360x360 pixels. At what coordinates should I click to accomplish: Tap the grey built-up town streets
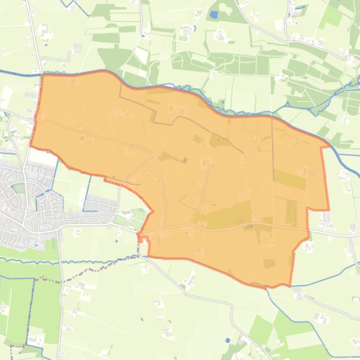pos(28,206)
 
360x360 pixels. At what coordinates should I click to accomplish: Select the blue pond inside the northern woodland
pos(214,14)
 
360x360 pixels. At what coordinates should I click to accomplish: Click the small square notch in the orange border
pos(144,240)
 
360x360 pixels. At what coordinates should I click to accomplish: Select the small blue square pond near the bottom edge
pos(227,340)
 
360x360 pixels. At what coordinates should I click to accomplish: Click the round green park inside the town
pos(19,187)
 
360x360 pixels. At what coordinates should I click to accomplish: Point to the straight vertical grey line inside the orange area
pos(273,150)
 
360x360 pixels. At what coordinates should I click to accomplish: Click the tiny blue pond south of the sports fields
pos(116,241)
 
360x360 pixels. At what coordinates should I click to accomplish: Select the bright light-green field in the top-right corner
pos(331,17)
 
